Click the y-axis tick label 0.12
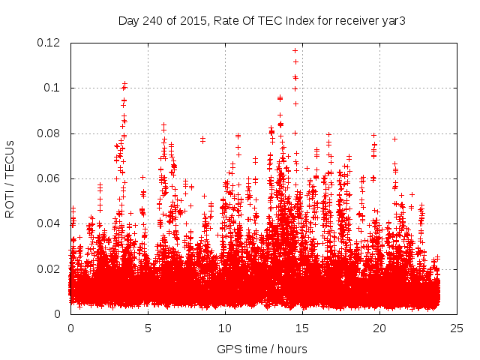point(49,43)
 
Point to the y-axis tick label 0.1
point(55,88)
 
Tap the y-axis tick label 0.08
point(49,133)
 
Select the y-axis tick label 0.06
point(49,178)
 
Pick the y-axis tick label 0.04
point(49,223)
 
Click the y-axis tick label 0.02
point(49,268)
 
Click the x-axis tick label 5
point(148,328)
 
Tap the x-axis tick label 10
point(225,328)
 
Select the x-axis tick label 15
point(302,328)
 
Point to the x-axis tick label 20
point(379,328)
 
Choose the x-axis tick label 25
point(457,328)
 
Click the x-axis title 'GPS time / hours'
point(262,349)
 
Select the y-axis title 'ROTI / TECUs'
point(10,178)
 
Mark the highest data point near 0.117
point(295,50)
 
